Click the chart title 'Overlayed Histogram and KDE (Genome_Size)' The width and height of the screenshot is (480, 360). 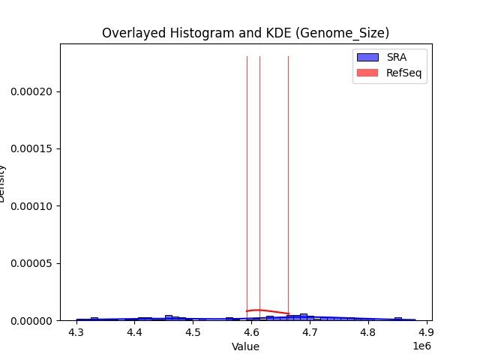point(245,33)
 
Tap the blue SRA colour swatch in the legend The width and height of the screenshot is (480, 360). point(367,57)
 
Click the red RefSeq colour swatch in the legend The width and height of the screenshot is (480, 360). point(367,73)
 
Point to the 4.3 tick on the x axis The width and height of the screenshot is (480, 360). point(76,331)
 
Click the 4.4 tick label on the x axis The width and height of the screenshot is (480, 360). point(134,331)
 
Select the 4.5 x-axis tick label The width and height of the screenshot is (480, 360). point(193,331)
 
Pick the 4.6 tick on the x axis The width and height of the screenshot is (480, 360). point(251,331)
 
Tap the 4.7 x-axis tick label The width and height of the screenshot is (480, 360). point(310,331)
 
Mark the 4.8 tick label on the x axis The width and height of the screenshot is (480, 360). point(367,331)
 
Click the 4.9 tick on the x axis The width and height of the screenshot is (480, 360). point(426,331)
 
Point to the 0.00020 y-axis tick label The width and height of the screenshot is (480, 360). point(31,91)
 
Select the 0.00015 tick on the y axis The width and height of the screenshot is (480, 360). point(31,148)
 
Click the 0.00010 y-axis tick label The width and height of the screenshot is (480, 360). point(31,206)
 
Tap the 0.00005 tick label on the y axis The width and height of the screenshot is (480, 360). point(31,263)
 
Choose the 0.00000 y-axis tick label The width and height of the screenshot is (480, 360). point(31,320)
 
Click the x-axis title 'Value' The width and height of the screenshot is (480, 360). point(245,346)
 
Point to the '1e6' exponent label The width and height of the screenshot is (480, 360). point(421,346)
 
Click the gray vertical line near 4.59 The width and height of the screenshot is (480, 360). point(247,187)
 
